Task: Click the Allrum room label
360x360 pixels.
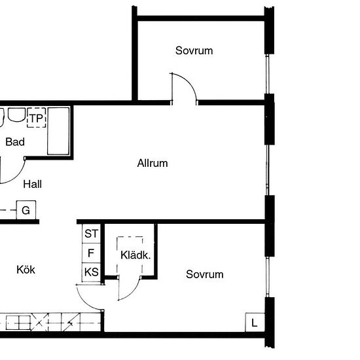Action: tap(153, 163)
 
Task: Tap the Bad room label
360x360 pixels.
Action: tap(15, 141)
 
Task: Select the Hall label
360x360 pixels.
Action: tap(32, 184)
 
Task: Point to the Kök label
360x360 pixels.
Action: tap(26, 269)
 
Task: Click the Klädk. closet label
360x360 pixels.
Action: tap(135, 255)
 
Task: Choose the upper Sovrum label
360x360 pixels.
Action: tap(194, 50)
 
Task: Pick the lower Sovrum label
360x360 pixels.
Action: tap(205, 274)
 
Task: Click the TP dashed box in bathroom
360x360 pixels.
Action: tap(36, 118)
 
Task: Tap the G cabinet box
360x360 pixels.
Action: tap(26, 210)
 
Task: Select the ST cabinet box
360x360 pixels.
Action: tap(91, 234)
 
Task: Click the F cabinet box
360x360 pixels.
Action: tap(91, 253)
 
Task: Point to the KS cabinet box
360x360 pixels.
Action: tap(91, 272)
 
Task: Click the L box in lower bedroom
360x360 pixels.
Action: tap(255, 323)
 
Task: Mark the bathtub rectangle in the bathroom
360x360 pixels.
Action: tap(58, 131)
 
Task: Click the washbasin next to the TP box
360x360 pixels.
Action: tap(16, 115)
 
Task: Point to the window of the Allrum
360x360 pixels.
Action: tap(267, 170)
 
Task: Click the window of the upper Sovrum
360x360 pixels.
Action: tap(267, 74)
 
